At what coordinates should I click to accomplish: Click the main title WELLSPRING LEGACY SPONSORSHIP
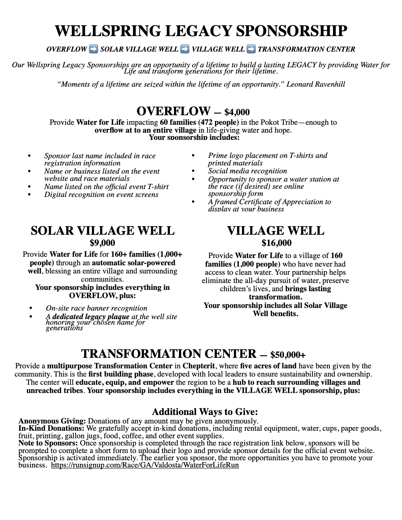click(x=201, y=31)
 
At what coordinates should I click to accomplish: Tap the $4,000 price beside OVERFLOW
click(x=237, y=113)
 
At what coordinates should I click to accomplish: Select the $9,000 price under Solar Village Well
click(x=102, y=243)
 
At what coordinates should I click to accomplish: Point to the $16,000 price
click(x=277, y=243)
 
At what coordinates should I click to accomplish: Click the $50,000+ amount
click(x=288, y=355)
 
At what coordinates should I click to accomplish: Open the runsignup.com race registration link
click(x=145, y=465)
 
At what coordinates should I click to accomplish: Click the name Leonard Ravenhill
click(x=316, y=84)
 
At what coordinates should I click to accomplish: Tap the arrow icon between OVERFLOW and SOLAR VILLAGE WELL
click(x=94, y=49)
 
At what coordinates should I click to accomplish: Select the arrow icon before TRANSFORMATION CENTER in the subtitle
click(x=251, y=49)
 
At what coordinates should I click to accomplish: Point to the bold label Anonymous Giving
click(x=52, y=421)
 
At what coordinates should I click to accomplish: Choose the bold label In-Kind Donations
click(x=51, y=428)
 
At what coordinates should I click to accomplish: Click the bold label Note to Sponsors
click(x=48, y=443)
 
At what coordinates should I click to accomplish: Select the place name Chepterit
click(x=199, y=366)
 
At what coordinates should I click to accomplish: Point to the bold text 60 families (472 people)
click(x=199, y=122)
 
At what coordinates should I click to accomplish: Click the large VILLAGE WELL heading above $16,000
click(x=276, y=231)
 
